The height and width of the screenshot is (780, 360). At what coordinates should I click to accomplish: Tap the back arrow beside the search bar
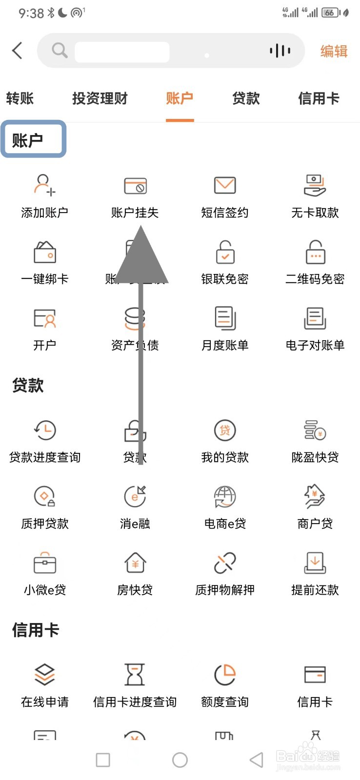click(18, 50)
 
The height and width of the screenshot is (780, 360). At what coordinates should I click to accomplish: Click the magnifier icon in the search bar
click(60, 50)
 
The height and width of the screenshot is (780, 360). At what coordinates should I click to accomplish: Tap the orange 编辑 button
click(334, 51)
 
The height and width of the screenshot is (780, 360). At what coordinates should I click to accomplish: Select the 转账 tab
click(20, 98)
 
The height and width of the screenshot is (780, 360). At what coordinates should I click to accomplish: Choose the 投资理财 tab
click(100, 98)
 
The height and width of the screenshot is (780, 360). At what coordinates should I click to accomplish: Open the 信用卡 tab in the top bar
click(319, 98)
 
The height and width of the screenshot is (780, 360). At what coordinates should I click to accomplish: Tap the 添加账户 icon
click(44, 185)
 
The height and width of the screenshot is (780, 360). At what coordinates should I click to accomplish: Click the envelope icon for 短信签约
click(225, 185)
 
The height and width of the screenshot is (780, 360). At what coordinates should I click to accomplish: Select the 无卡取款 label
click(315, 213)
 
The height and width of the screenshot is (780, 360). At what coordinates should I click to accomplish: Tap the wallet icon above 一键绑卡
click(45, 252)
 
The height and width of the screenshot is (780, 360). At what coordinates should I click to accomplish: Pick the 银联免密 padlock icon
click(225, 252)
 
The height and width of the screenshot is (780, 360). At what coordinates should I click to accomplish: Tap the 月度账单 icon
click(225, 318)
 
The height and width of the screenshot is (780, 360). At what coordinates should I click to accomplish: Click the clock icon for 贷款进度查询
click(45, 430)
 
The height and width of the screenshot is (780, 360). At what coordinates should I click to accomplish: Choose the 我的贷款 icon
click(225, 430)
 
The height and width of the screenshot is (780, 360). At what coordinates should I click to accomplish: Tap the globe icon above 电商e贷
click(225, 497)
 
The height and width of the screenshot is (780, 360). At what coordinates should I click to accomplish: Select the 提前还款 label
click(315, 590)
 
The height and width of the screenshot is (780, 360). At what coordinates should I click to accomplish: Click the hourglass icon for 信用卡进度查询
click(135, 675)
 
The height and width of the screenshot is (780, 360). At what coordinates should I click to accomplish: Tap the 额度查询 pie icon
click(225, 675)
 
